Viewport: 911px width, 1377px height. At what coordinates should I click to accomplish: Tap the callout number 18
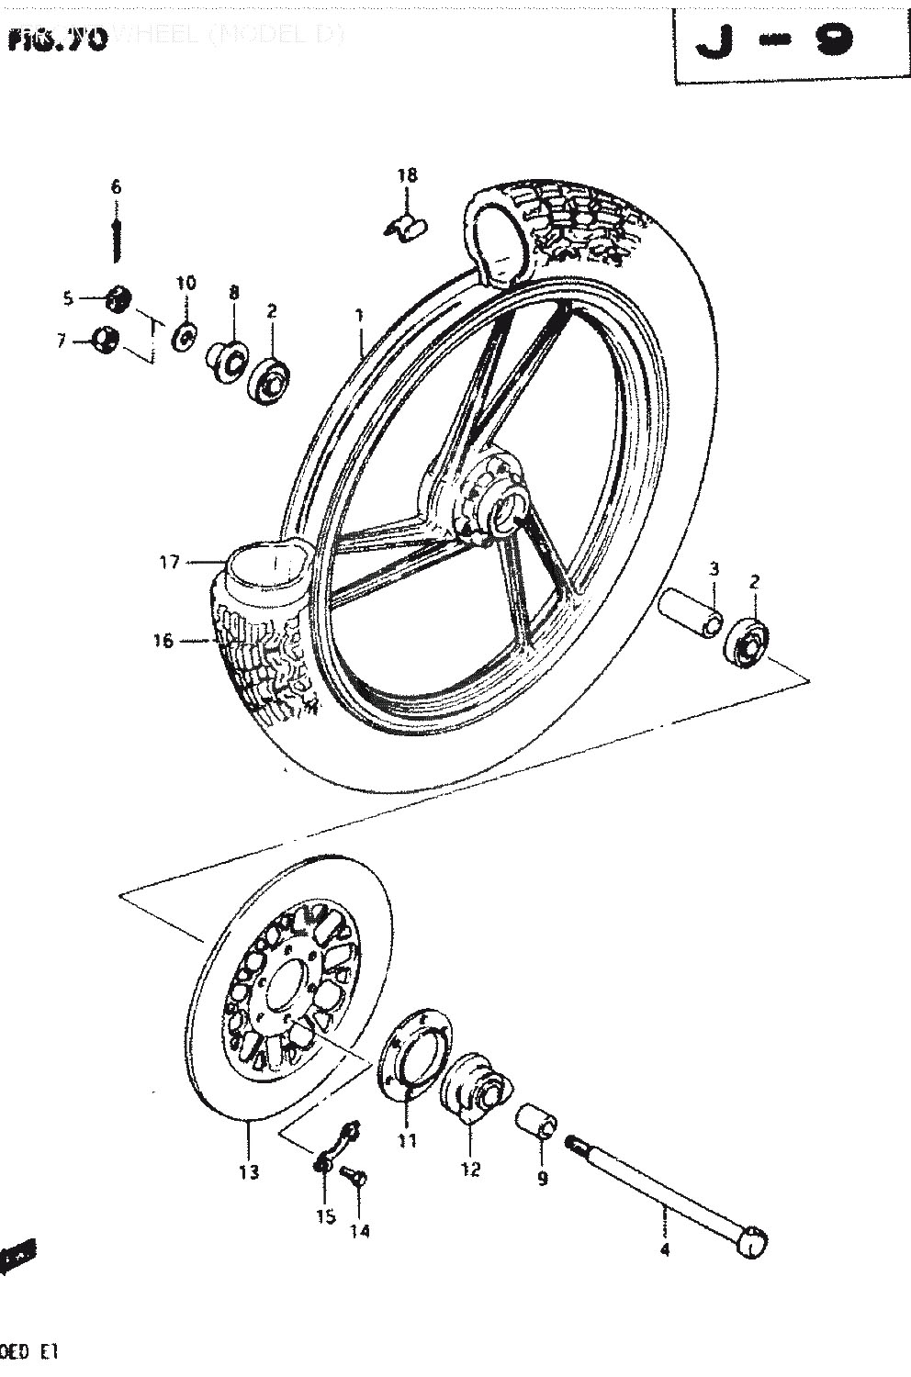point(408,175)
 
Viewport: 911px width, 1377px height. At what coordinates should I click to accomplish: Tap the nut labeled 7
point(106,341)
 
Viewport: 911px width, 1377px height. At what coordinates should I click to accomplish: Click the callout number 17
point(170,562)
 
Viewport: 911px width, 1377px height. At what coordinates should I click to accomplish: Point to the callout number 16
point(163,641)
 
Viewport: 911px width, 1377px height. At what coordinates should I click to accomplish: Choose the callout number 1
point(359,316)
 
